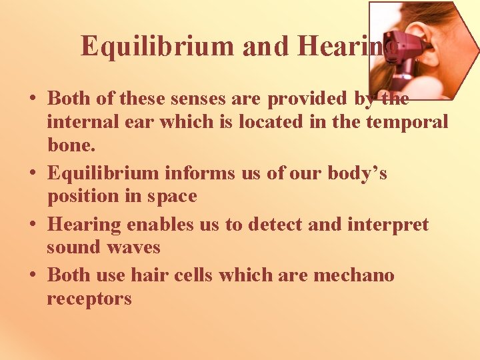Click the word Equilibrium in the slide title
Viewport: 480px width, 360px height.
click(157, 46)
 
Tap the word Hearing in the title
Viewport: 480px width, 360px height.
click(333, 46)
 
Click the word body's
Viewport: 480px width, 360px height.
click(354, 173)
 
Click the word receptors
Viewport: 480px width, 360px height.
click(89, 299)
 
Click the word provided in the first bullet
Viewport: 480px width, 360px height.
click(306, 99)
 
